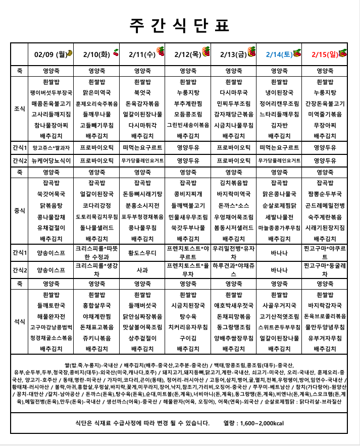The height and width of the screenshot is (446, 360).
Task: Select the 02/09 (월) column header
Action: point(48,54)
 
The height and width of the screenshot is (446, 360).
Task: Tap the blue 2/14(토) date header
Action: point(279,54)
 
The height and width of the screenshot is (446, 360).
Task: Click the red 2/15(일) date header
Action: point(324,54)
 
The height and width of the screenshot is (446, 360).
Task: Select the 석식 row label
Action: point(19,321)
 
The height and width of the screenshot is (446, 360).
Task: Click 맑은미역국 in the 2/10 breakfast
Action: point(97,92)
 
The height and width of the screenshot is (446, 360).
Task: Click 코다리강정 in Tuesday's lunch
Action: point(97,205)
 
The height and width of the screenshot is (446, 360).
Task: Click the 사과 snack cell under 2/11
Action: point(142,269)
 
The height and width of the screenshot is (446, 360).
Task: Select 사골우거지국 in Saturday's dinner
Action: point(279,305)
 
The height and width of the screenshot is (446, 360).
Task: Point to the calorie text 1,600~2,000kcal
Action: point(261,423)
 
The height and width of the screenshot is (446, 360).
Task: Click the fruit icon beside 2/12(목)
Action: point(206,51)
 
